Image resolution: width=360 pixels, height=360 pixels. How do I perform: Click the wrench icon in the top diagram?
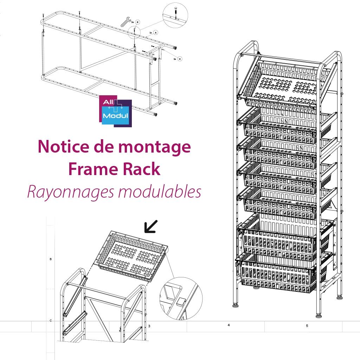coord(125,22)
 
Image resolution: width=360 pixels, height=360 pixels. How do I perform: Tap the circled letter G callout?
coord(137,22)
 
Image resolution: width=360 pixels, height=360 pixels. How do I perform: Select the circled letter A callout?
coord(156,32)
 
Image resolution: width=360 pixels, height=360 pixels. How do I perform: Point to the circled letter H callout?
coord(179,59)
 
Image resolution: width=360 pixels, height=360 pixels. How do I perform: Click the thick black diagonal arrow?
coord(151,227)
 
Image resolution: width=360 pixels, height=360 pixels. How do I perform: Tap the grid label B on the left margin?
coord(51,259)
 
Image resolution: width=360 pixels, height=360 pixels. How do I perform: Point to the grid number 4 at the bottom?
coord(229,325)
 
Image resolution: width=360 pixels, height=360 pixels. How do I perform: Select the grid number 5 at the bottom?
coord(307,326)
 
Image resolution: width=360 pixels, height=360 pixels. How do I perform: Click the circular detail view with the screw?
coord(175,14)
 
